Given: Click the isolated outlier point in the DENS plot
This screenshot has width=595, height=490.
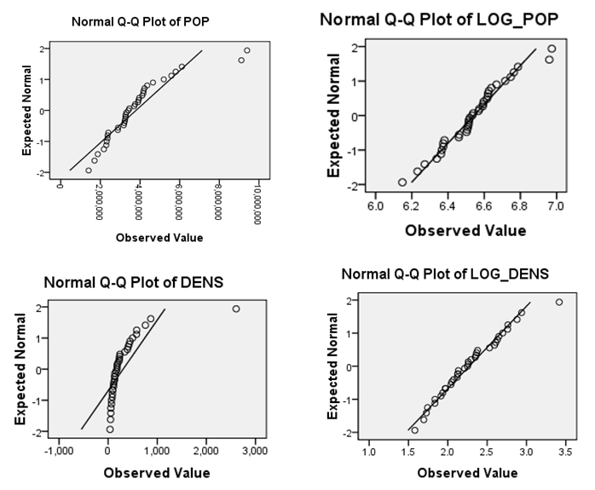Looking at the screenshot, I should tap(236, 308).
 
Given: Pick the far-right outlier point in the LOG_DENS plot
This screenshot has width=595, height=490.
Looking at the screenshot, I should tap(559, 302).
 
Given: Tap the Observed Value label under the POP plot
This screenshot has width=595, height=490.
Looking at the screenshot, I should tap(159, 238).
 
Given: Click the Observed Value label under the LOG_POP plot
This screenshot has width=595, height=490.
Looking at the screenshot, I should tap(465, 230).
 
